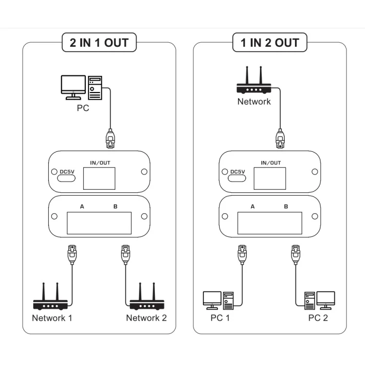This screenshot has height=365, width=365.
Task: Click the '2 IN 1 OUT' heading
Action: [99, 43]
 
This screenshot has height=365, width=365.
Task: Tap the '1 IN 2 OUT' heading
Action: [269, 43]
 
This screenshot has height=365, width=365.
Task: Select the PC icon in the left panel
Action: [81, 87]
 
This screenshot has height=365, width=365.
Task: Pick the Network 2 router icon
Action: [146, 297]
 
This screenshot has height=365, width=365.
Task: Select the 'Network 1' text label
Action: [52, 318]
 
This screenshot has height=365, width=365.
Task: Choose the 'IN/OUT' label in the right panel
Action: [271, 163]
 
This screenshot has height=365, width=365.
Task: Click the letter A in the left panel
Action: [82, 207]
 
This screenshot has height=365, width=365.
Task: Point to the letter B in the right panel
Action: [286, 207]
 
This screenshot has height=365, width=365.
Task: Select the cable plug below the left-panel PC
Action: [110, 138]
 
